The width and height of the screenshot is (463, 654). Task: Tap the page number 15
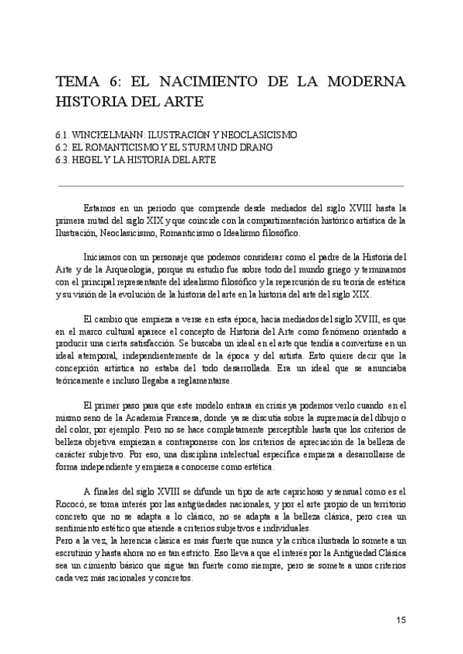click(400, 619)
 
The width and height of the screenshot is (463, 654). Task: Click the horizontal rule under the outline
click(231, 186)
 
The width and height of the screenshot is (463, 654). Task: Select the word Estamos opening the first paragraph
click(100, 208)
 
